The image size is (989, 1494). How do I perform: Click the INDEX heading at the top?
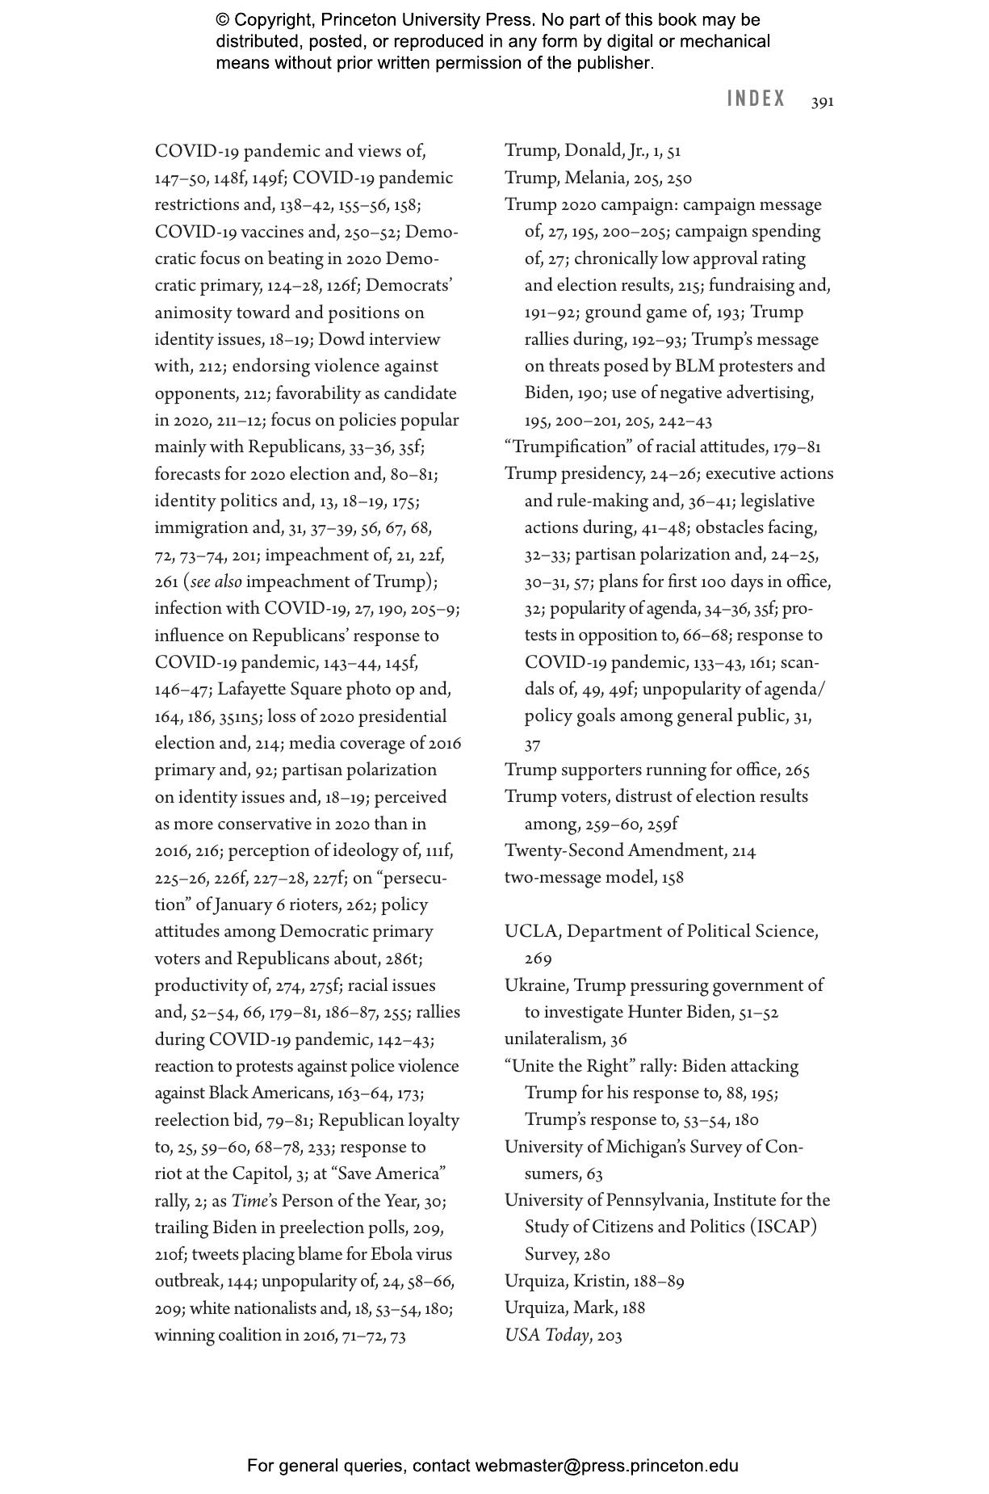click(756, 99)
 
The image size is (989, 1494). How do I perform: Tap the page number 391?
click(823, 102)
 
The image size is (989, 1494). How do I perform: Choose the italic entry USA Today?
click(547, 1335)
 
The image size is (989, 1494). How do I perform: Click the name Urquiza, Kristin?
click(565, 1281)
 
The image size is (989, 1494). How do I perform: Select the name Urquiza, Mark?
click(560, 1307)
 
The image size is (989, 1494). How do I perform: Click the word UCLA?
click(531, 931)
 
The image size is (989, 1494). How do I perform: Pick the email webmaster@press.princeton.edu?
click(606, 1466)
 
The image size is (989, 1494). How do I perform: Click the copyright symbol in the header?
click(223, 20)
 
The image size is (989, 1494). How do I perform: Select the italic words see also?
click(216, 581)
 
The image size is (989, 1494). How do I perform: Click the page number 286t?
click(404, 959)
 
